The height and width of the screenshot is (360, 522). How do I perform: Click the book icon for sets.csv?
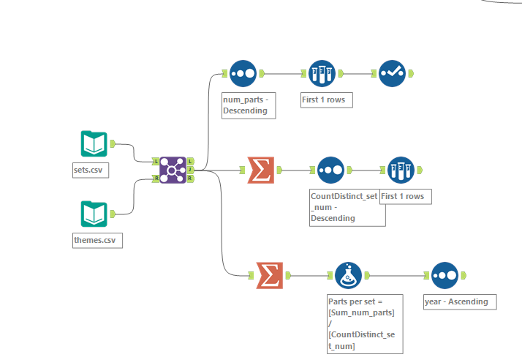(94, 144)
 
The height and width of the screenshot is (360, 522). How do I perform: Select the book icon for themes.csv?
(94, 214)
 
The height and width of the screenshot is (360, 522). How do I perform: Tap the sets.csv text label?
(92, 170)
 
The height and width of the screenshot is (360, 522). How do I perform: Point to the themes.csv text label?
(97, 240)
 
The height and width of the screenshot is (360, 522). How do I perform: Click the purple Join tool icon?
(173, 170)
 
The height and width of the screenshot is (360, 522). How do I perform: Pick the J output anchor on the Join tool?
(191, 170)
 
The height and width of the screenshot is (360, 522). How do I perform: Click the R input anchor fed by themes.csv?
(156, 178)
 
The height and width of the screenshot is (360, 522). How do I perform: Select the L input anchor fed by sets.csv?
(156, 161)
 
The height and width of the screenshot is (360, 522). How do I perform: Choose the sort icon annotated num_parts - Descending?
(243, 73)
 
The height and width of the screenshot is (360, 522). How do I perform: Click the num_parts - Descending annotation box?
(249, 105)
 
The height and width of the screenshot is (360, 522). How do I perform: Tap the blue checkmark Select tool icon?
(393, 73)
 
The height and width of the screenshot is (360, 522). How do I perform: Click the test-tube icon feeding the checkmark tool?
(322, 73)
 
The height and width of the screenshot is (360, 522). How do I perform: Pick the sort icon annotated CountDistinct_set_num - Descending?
(330, 170)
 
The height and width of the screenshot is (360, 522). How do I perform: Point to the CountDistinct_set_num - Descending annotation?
(347, 207)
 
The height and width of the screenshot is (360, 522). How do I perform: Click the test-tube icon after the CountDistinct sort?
(401, 170)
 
